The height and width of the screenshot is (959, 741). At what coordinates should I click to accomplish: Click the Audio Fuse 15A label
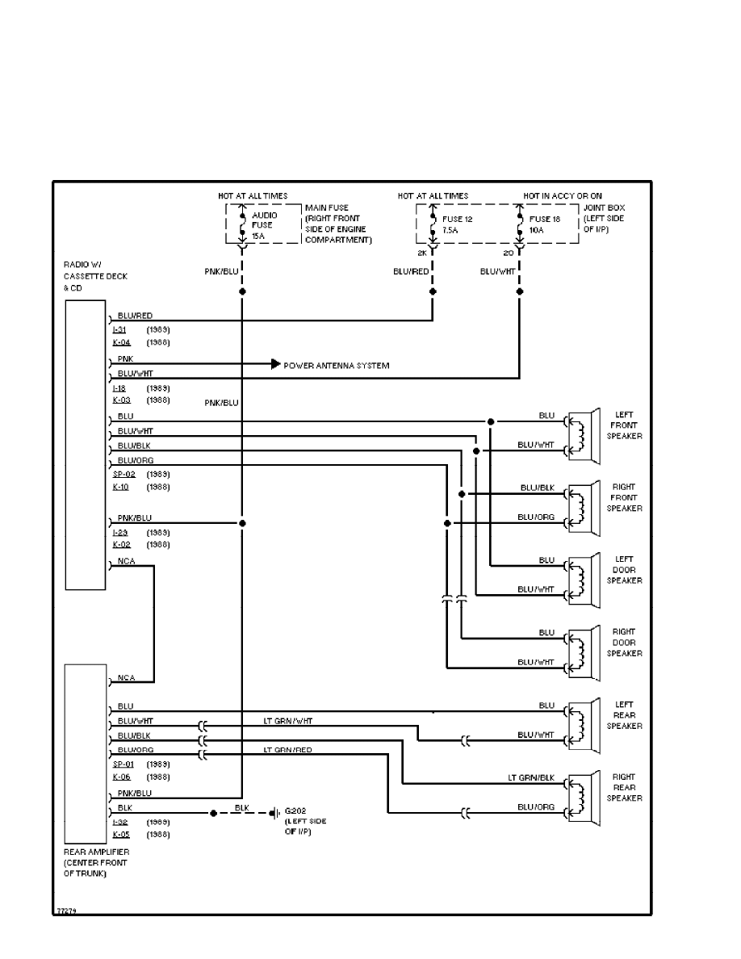(x=263, y=225)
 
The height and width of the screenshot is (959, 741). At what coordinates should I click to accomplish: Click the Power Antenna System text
(x=336, y=366)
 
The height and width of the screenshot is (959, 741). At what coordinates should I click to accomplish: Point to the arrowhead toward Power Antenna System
(x=275, y=365)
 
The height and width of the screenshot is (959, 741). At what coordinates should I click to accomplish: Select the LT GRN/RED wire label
(x=288, y=750)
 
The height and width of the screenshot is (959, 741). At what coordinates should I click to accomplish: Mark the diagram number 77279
(x=66, y=911)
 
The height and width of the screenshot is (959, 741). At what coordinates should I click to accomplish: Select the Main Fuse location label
(x=337, y=224)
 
